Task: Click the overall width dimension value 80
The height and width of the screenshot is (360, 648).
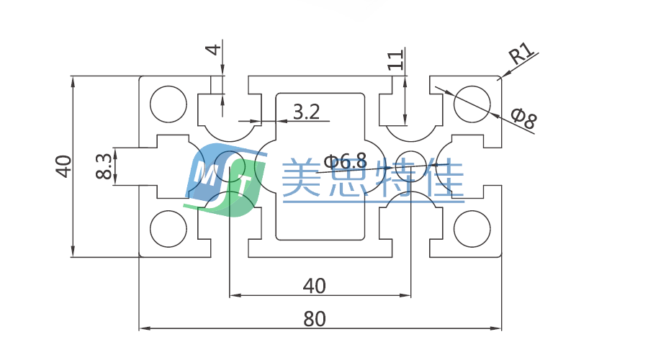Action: tap(314, 318)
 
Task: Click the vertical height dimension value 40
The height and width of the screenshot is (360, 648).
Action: tap(63, 166)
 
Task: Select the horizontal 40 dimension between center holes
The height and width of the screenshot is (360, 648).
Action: tap(314, 286)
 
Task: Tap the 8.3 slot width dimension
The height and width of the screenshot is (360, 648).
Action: tap(104, 166)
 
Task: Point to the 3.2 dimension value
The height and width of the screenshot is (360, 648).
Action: tap(306, 112)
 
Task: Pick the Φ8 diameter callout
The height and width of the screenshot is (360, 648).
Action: tap(523, 117)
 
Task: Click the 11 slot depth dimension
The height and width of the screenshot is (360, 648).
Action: tap(395, 60)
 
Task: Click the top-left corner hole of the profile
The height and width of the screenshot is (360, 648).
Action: tap(167, 104)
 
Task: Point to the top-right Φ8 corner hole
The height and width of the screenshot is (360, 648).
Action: tap(472, 104)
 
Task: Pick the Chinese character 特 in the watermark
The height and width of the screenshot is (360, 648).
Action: tap(396, 179)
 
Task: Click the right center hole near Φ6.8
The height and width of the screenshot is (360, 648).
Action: tap(410, 166)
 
